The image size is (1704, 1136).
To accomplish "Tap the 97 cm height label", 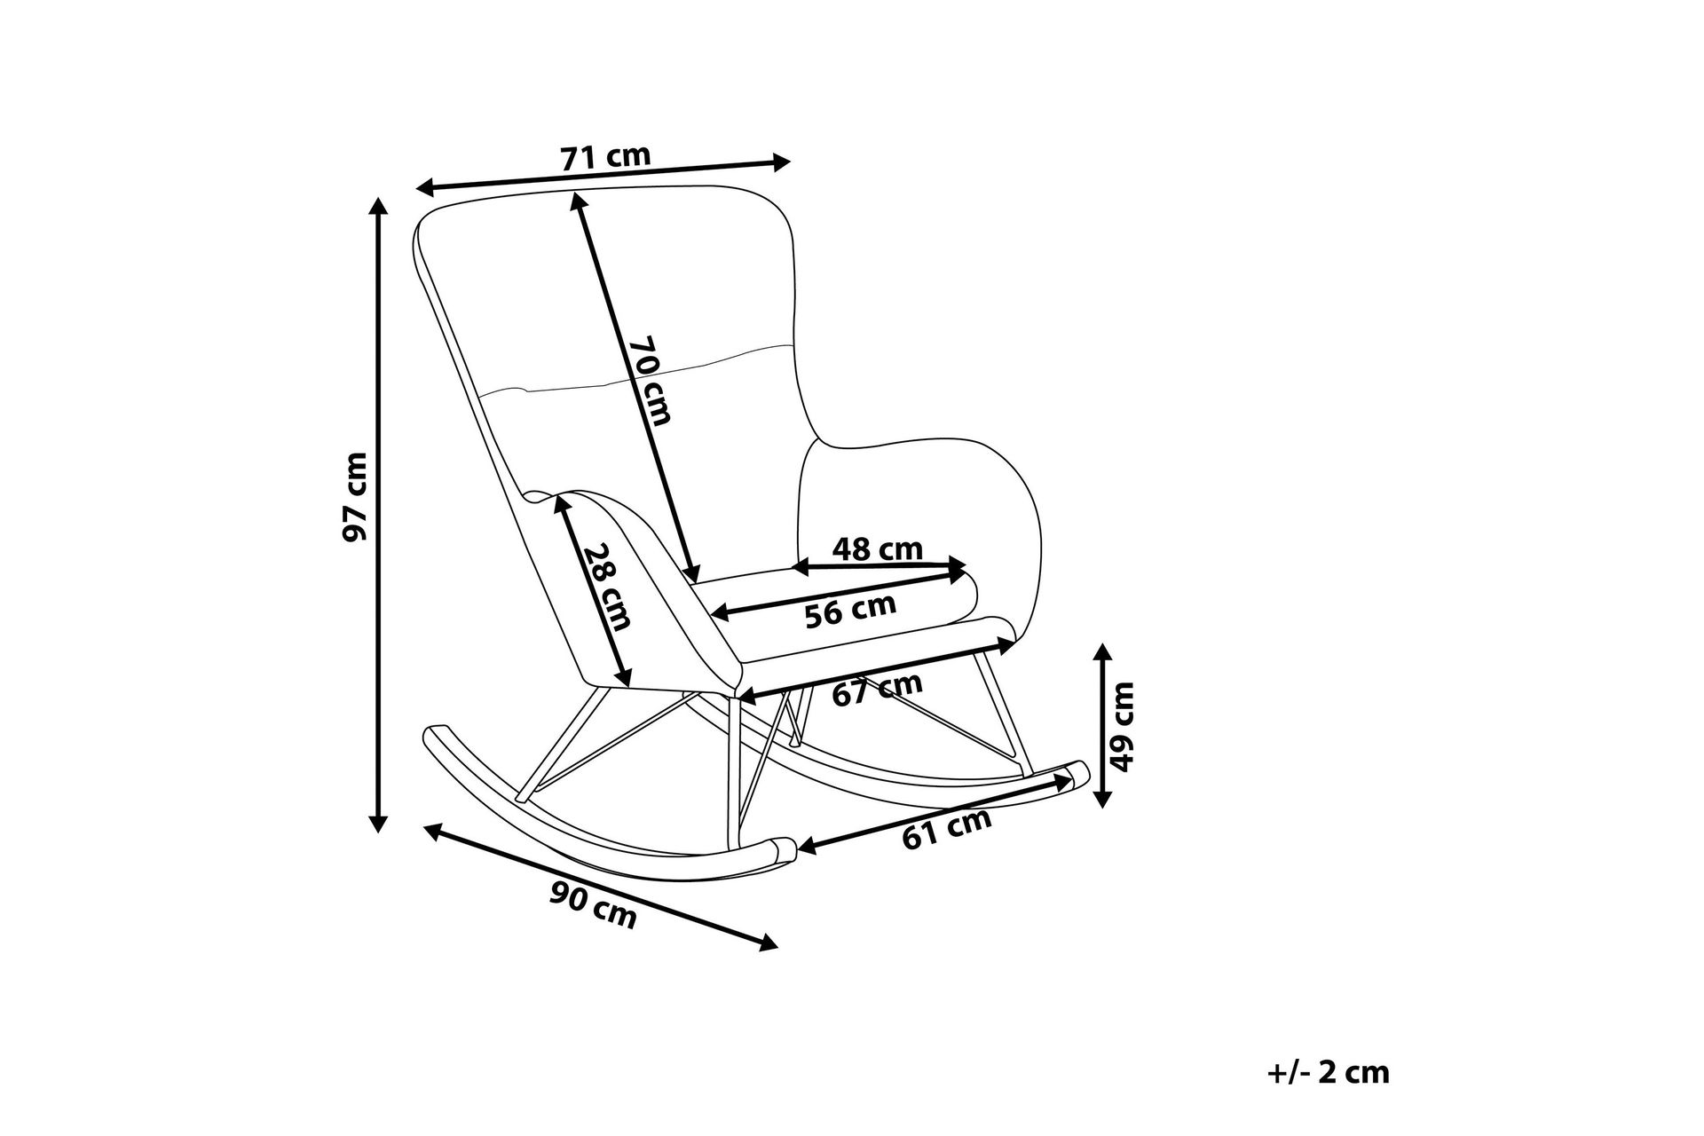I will pos(355,497).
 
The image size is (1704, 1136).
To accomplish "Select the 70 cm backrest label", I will pos(651,380).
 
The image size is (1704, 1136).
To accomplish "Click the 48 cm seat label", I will pos(877,549).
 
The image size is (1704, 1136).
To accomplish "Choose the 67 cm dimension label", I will pos(877,690).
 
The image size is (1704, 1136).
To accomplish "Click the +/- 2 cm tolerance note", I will pos(1327,1072).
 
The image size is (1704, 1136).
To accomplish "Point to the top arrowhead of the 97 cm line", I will pos(379,204).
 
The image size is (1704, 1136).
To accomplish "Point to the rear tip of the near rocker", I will pos(435,731).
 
